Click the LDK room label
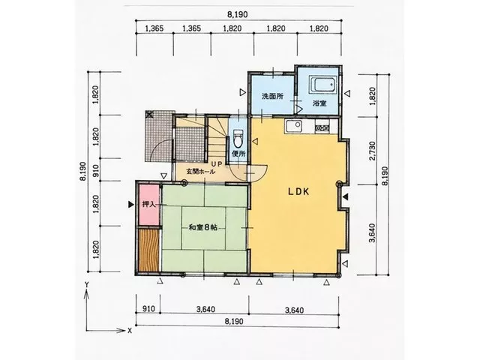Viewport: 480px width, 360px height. tap(298, 192)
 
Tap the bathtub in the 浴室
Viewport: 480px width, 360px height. tap(323, 84)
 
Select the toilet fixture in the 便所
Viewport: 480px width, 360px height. tap(238, 138)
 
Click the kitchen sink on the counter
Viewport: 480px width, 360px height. tap(294, 126)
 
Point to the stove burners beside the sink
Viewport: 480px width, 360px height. tap(322, 127)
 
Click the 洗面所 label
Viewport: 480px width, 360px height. tap(272, 97)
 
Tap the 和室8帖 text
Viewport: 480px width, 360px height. tap(203, 227)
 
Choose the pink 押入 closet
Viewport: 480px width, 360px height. tap(148, 205)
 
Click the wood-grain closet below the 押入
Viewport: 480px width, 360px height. tap(148, 250)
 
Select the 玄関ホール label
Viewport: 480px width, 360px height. tap(201, 172)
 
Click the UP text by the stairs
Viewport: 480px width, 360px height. tap(217, 164)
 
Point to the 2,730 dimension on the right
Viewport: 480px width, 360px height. tap(373, 151)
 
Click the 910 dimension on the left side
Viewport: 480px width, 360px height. tap(95, 170)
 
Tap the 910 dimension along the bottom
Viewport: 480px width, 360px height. tap(149, 309)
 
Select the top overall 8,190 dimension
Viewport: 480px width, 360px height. tap(237, 14)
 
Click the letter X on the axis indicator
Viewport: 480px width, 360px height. tap(130, 331)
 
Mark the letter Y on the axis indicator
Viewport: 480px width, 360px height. tap(87, 284)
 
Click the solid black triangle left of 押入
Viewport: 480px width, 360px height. tap(131, 205)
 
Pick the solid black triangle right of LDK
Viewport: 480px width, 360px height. tap(345, 197)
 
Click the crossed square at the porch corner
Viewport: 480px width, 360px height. tap(149, 115)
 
